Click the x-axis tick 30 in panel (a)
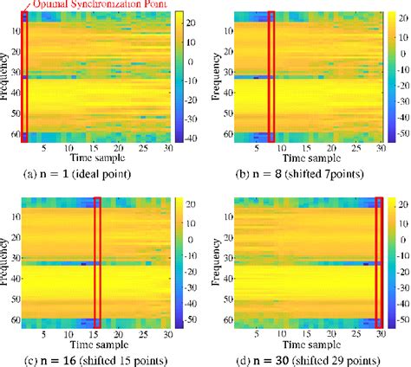click(166, 149)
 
